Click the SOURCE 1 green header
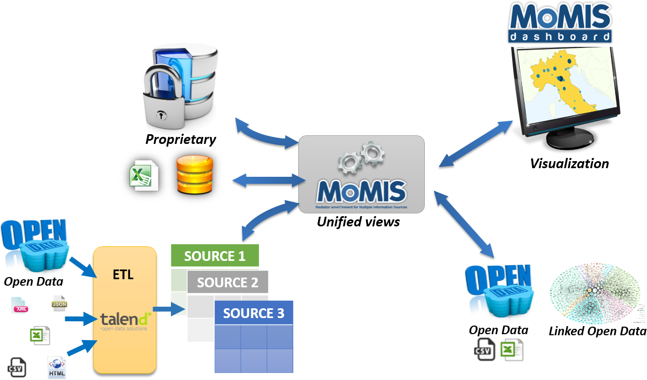[215, 255]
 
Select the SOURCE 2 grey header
[227, 282]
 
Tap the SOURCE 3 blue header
[253, 313]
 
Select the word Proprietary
[181, 140]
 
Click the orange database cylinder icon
[195, 175]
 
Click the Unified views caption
[358, 221]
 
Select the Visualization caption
[569, 163]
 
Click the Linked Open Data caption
[597, 331]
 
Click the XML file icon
[21, 306]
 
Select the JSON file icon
[59, 303]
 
